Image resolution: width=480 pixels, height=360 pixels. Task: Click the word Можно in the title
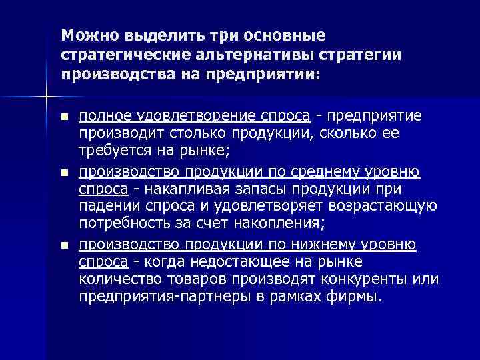tap(85, 35)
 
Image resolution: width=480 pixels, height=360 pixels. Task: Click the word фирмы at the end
tap(360, 293)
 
